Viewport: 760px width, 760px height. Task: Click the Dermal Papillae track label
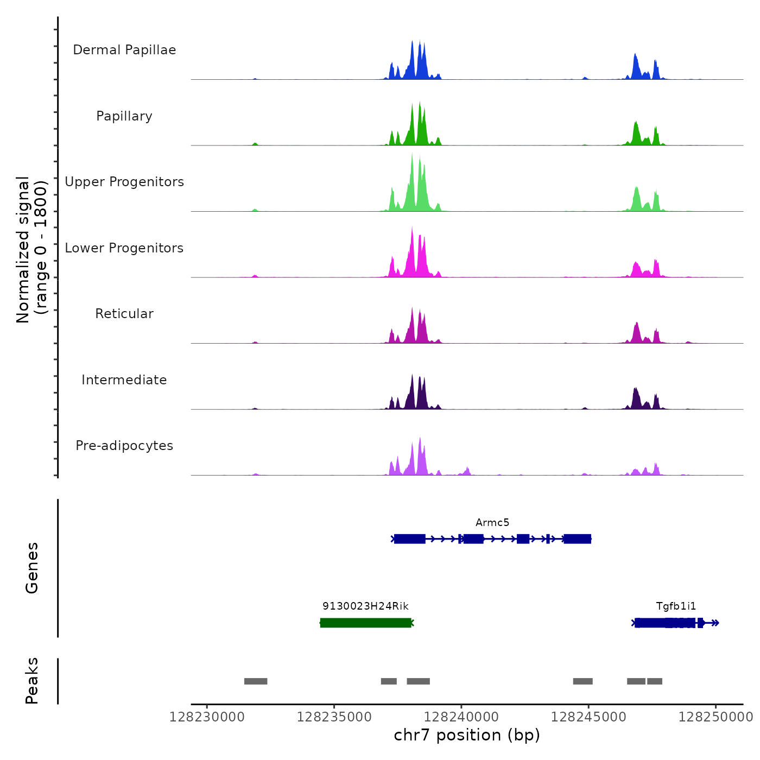coord(124,50)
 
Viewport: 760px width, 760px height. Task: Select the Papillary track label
coord(124,116)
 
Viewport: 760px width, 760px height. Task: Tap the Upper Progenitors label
coord(124,182)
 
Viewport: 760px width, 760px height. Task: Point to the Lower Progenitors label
coord(124,248)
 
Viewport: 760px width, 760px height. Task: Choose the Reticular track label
coord(124,314)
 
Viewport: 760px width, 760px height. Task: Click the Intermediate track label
coord(124,380)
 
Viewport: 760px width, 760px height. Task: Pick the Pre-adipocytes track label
coord(124,446)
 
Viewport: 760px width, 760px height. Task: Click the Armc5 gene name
coord(492,523)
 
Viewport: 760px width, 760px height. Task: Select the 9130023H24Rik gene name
coord(365,606)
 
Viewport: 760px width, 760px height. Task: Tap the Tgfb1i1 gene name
coord(676,606)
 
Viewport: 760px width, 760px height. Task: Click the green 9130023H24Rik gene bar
coord(365,623)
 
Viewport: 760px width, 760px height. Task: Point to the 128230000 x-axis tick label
coord(207,717)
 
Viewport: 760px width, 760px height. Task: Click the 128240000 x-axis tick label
coord(461,717)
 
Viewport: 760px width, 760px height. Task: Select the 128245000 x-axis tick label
coord(588,717)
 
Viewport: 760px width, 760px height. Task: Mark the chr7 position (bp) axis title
coord(467,735)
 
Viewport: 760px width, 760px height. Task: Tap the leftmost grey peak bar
coord(256,681)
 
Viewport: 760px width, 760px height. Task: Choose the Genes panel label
coord(32,568)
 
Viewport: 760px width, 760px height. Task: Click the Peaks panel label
coord(32,681)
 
